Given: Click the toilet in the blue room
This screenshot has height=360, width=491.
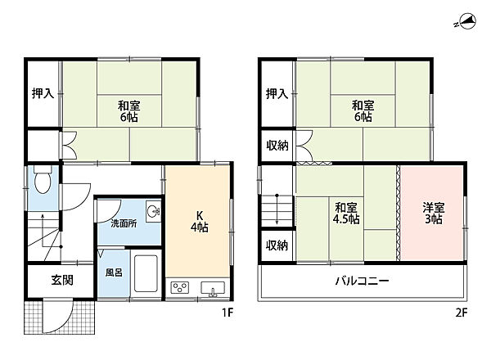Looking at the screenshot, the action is point(43,180).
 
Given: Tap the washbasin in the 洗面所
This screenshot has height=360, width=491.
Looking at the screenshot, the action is point(154,211).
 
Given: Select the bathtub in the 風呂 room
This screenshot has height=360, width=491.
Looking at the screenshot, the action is point(146,273).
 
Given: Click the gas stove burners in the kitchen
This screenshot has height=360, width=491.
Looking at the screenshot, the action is point(180,287).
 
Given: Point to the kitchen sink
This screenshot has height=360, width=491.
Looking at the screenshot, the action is point(213,288).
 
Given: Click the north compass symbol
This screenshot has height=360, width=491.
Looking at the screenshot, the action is point(466,22).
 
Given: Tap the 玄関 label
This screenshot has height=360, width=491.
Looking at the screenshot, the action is point(62,280).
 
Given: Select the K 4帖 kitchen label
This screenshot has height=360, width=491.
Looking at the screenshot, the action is point(200,222).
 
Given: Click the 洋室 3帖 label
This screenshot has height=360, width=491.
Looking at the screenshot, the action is point(434,214).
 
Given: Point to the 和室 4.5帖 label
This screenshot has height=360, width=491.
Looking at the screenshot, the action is point(346,214).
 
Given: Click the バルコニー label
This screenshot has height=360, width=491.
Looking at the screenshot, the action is point(362,280).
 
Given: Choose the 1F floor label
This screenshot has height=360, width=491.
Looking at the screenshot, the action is point(227,312).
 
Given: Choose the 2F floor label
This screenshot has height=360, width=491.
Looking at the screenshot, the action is point(462,312).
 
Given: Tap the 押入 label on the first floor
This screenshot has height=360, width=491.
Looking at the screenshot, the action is point(43,93).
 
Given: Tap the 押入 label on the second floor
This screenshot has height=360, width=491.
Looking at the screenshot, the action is point(277,93).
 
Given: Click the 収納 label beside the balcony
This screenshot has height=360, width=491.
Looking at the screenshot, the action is point(277,245).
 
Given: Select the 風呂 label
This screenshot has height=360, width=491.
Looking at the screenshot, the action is point(114,272).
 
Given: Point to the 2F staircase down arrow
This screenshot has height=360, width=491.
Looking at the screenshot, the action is point(277,209).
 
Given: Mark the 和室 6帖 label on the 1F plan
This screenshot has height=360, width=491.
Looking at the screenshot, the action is point(128,111).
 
